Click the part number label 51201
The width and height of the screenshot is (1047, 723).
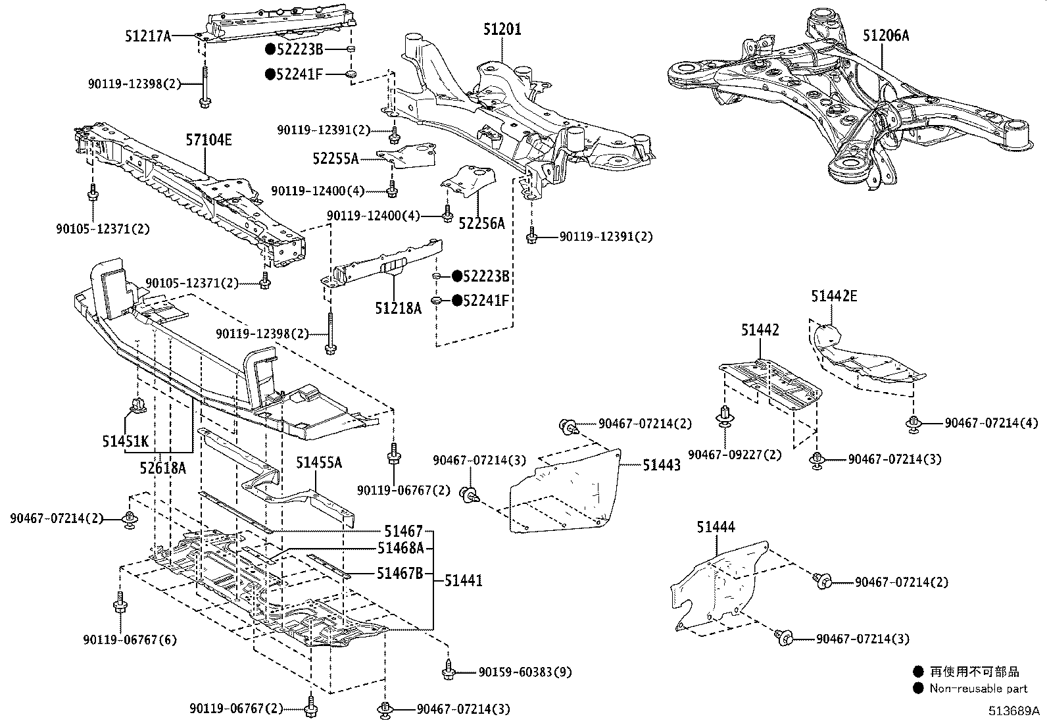502,30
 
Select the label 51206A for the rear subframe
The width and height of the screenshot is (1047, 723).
885,36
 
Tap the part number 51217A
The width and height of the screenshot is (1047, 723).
148,36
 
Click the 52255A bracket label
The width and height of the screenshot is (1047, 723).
335,159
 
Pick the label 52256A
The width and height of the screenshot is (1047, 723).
481,224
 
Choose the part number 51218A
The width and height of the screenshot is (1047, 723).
399,307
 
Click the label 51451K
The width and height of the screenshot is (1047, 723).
126,441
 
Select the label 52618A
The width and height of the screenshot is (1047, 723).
162,468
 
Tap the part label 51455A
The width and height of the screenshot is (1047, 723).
318,462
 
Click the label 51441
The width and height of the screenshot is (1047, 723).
463,580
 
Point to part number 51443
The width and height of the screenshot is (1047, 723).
662,465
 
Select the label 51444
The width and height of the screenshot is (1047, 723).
716,527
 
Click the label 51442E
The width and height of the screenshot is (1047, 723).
834,296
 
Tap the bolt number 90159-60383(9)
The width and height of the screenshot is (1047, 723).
525,672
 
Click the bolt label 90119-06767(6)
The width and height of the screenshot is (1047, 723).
130,639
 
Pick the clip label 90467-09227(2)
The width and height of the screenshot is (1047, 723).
735,455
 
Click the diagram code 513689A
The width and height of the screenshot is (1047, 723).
1013,711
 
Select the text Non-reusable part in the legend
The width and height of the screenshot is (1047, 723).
978,689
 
